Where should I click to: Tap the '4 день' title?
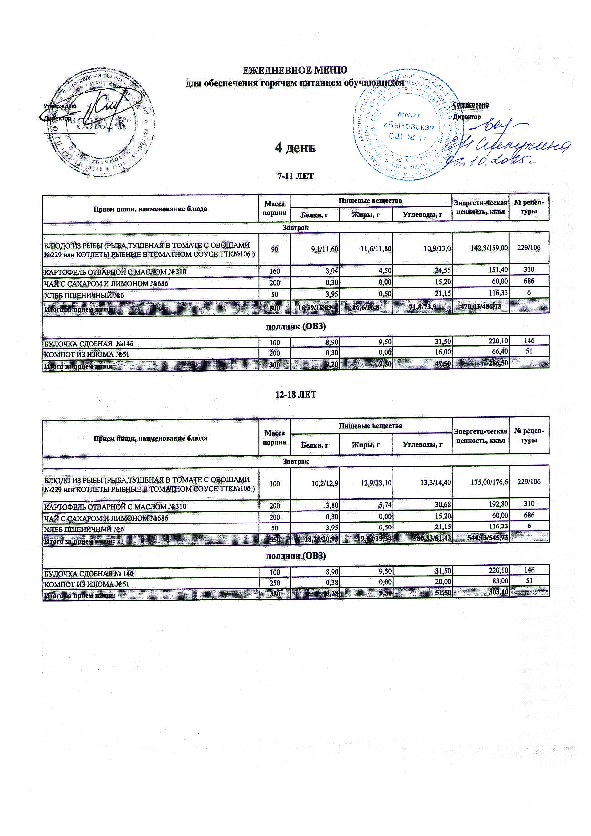[295, 148]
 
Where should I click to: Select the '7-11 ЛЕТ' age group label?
[295, 176]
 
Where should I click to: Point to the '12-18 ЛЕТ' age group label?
[295, 395]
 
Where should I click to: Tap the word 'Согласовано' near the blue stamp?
[470, 105]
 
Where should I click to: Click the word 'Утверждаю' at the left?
[60, 106]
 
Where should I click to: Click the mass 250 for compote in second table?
[274, 583]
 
